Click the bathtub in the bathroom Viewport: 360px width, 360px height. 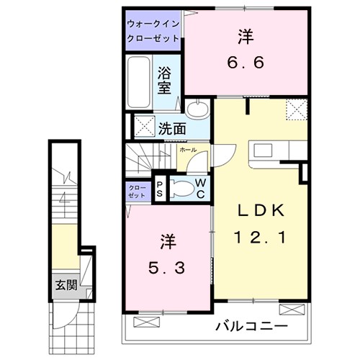tap(140, 81)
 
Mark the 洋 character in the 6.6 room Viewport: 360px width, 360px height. tap(243, 36)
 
